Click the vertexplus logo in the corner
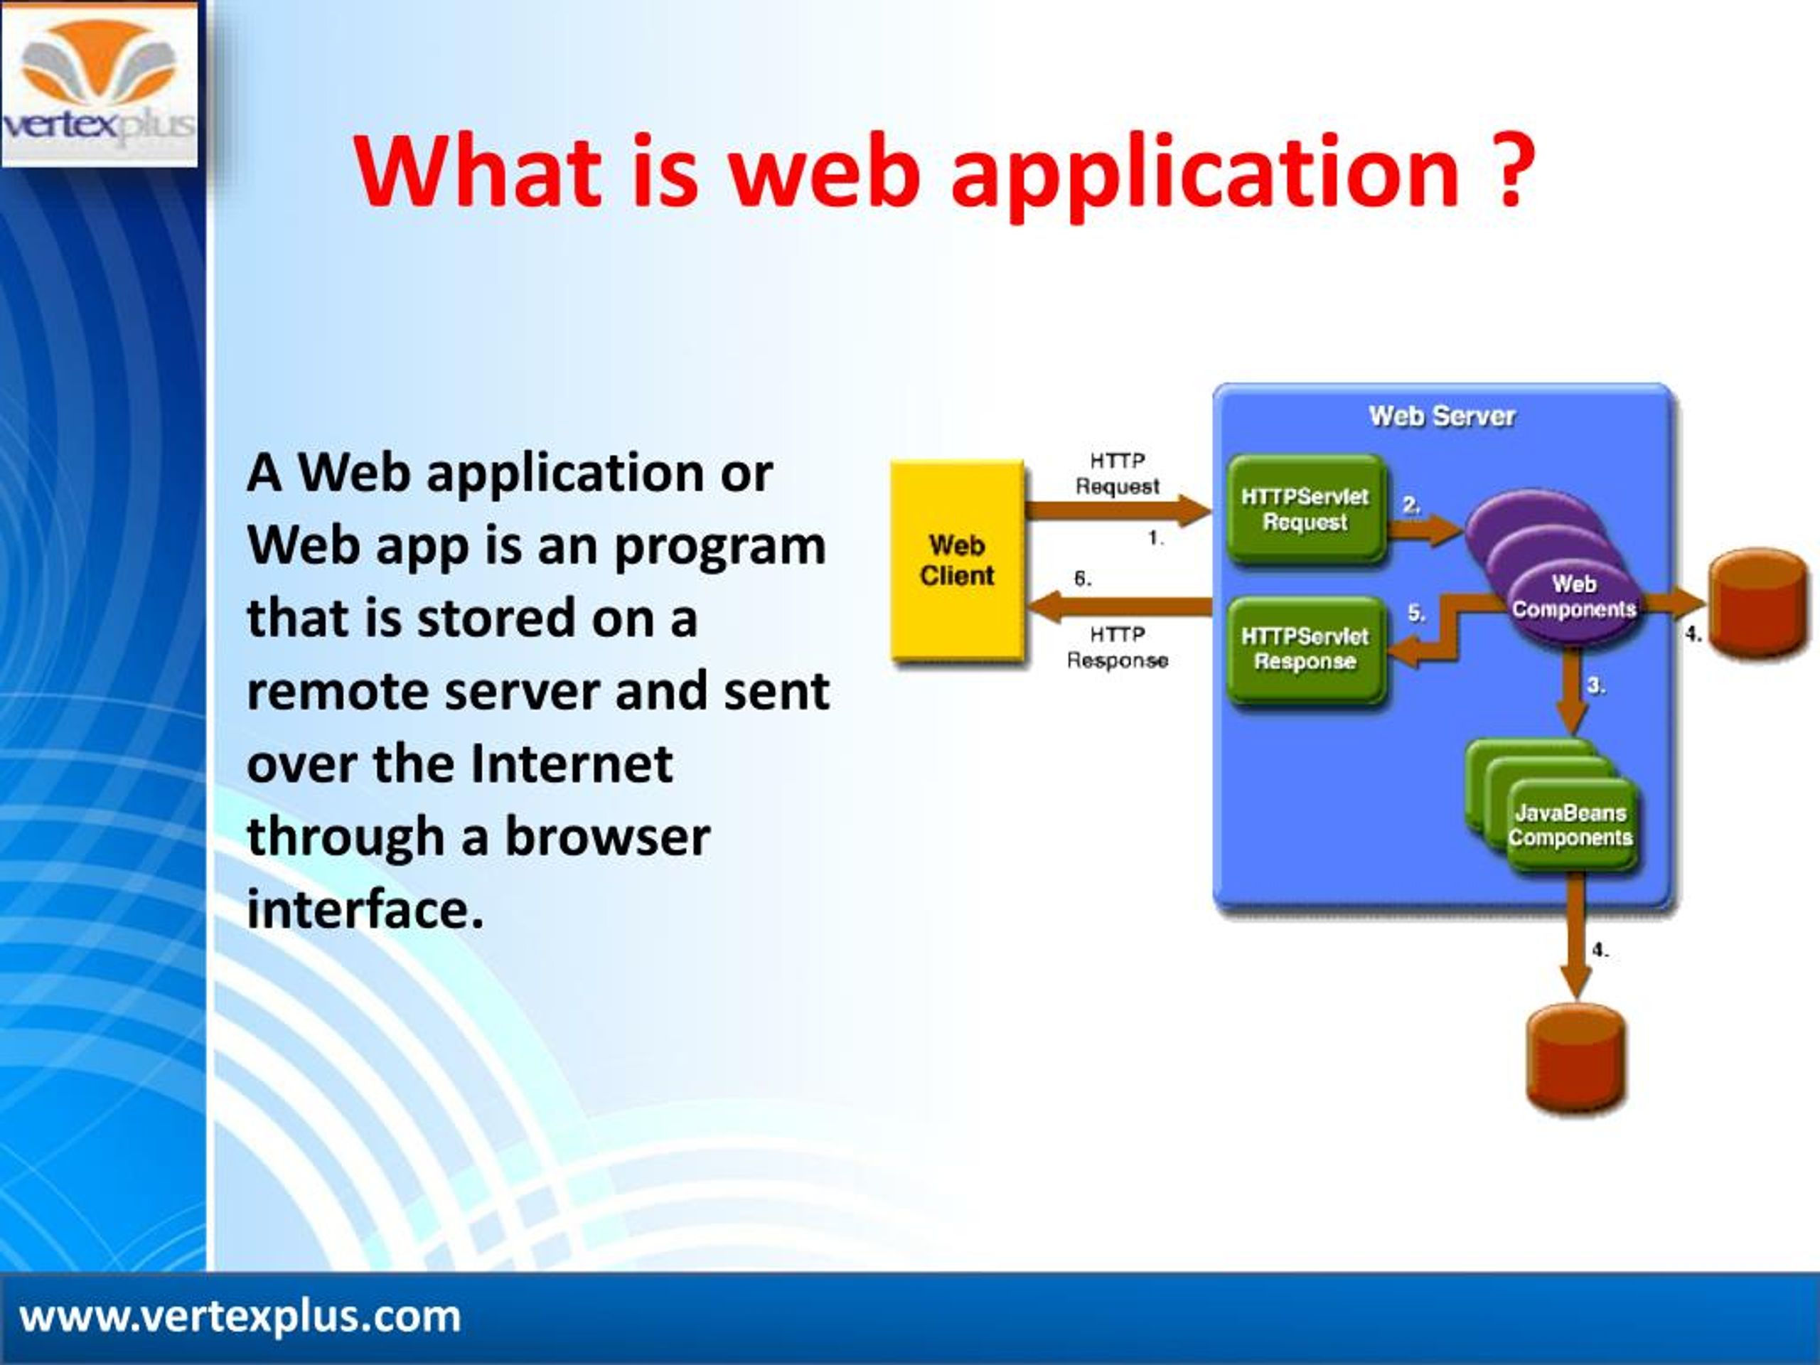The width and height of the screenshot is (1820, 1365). click(x=99, y=84)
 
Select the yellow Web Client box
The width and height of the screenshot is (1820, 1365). click(x=958, y=560)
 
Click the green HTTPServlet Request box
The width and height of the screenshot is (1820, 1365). click(x=1306, y=509)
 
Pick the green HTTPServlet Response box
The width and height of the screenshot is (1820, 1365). click(x=1306, y=649)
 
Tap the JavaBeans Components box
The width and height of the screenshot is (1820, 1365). click(x=1570, y=825)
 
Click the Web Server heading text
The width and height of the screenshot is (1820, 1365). click(x=1442, y=417)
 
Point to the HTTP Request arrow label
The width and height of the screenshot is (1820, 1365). click(x=1118, y=474)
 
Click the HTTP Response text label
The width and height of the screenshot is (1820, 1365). click(x=1118, y=648)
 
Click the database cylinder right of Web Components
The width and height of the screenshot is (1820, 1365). click(x=1758, y=601)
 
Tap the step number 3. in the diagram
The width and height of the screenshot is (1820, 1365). click(x=1595, y=685)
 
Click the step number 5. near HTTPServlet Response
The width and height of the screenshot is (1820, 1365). click(x=1416, y=613)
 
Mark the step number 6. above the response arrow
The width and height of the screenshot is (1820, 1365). click(x=1083, y=579)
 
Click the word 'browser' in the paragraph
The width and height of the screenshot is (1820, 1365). click(x=606, y=837)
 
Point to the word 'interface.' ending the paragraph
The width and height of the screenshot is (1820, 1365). click(x=365, y=910)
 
